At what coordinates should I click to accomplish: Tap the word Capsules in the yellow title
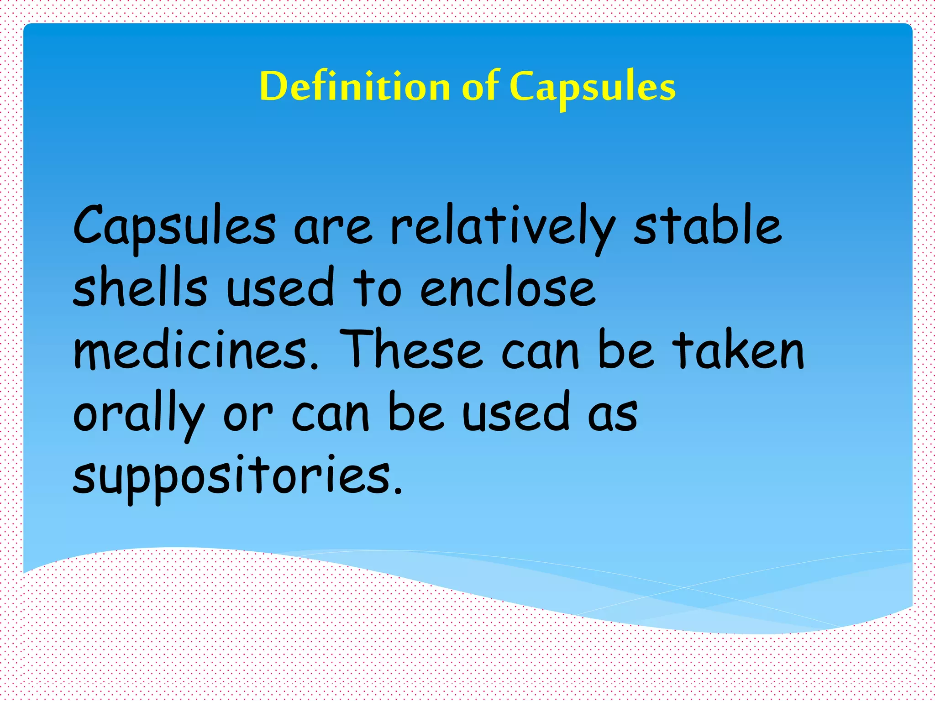point(592,87)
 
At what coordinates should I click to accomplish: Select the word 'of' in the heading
point(480,86)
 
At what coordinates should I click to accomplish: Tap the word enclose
point(508,290)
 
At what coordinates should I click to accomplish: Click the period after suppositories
point(399,491)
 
